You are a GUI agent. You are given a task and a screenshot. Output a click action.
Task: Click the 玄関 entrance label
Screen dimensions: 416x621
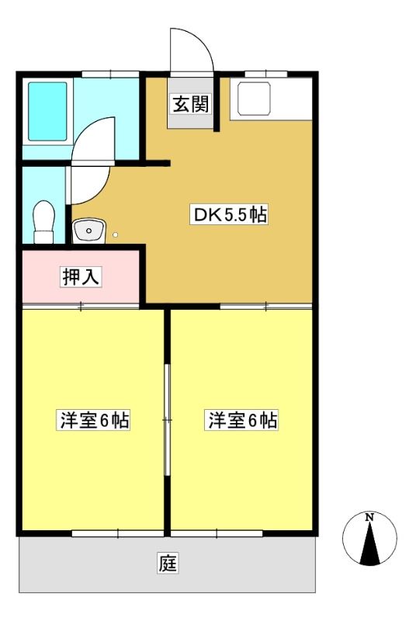coord(191,105)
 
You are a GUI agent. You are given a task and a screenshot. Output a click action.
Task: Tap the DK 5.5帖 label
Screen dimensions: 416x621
coord(229,214)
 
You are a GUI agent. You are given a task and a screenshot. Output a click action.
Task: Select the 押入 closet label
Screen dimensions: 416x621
coord(81,276)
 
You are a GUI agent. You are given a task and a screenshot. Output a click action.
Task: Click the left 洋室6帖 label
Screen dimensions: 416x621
coord(93,420)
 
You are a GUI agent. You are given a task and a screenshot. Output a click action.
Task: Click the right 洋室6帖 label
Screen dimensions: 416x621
coord(242,420)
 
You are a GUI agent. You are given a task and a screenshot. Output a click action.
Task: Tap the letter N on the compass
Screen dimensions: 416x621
coord(369,517)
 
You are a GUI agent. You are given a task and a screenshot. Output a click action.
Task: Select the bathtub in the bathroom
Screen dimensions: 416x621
coord(47,111)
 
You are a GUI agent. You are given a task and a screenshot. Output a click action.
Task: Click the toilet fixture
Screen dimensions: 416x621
coord(43,222)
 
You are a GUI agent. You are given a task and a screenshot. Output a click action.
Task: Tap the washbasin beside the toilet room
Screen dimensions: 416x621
coord(88,231)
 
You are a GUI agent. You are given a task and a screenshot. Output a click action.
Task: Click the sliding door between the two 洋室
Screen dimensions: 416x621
coord(168,419)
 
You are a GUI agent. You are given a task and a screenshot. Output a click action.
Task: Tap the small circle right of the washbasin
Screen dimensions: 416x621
coord(115,235)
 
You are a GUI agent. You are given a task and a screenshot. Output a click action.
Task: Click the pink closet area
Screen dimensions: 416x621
coord(81,276)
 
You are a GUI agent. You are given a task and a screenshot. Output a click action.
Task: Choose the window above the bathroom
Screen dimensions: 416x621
coord(110,74)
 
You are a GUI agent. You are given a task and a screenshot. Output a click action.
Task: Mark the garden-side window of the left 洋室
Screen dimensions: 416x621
coord(118,533)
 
